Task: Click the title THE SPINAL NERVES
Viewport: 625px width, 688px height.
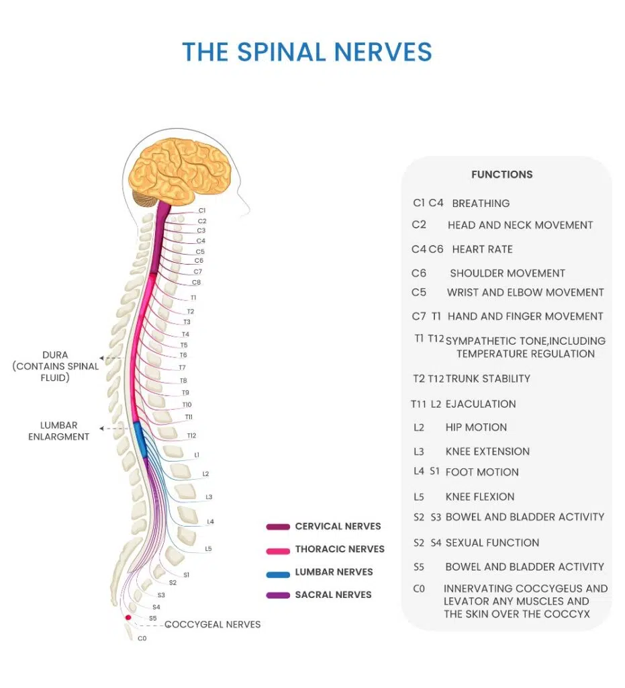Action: click(x=307, y=52)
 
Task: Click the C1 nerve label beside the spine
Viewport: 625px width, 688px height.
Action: click(x=202, y=210)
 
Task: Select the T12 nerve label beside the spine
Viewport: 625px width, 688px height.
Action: click(x=192, y=436)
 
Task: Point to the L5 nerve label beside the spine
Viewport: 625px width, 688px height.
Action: click(x=208, y=549)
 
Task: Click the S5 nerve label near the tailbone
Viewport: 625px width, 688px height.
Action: click(x=153, y=618)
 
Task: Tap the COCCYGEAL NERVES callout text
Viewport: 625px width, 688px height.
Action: click(x=212, y=624)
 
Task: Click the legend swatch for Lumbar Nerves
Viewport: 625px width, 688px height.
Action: click(x=277, y=572)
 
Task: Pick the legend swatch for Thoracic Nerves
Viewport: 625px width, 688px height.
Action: click(x=277, y=550)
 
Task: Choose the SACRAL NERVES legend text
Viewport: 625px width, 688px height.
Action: click(x=333, y=595)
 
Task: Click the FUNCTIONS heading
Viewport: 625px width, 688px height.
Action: click(x=501, y=175)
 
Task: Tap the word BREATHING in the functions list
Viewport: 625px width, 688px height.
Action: click(x=481, y=204)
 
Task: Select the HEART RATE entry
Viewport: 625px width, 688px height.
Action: click(x=482, y=249)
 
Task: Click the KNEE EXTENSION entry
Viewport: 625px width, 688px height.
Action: click(x=487, y=451)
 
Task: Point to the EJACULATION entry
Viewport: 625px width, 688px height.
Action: click(x=481, y=404)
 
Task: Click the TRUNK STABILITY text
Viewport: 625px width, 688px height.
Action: click(x=488, y=379)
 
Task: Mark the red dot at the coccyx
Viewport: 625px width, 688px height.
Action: click(x=128, y=617)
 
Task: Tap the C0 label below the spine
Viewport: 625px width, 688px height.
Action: click(x=142, y=638)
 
